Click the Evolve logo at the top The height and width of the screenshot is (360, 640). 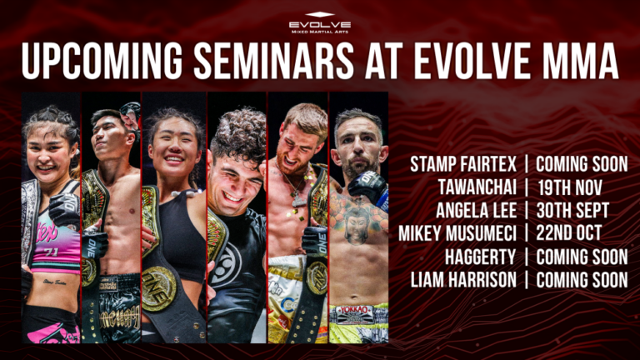coord(320,22)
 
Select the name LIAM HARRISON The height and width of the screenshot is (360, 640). coord(463,279)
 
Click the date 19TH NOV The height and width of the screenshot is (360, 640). coord(568,186)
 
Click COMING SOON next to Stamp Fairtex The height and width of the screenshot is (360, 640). coord(582,163)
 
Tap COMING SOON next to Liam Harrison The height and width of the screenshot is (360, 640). coord(582,279)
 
